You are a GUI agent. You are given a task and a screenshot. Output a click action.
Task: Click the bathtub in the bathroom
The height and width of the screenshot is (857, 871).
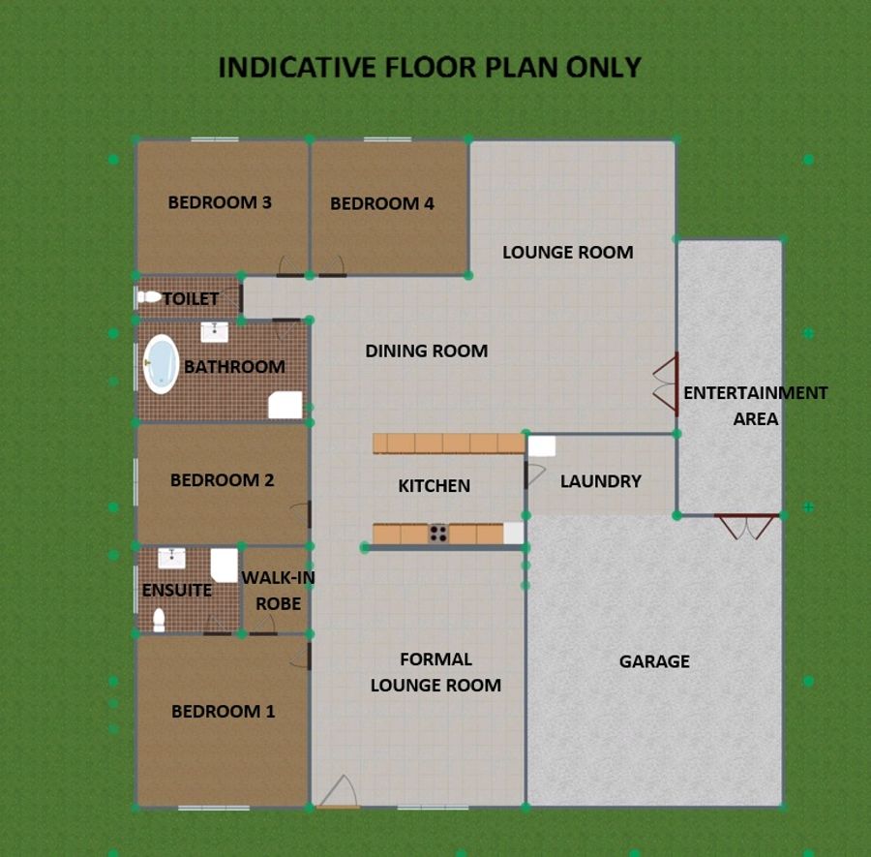161,364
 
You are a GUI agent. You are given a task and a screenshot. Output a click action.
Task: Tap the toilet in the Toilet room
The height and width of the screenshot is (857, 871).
149,297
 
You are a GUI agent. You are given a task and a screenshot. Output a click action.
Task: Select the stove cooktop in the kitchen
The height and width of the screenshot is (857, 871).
438,534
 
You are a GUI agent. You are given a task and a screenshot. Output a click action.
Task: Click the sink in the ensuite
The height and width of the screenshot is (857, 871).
171,558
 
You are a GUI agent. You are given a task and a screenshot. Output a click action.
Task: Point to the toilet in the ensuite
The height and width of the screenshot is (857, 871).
159,620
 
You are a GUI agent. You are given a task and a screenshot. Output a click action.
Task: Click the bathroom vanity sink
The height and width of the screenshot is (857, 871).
215,332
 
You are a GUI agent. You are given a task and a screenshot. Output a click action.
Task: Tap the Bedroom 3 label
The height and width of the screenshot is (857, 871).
220,202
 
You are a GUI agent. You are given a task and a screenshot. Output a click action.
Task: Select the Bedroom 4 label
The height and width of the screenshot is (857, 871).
382,203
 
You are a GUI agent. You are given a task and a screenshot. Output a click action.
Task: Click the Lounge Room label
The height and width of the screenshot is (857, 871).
568,253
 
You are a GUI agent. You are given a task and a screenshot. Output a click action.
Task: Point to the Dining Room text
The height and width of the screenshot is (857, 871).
427,351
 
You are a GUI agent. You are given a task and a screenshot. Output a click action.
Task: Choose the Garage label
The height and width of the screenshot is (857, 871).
654,661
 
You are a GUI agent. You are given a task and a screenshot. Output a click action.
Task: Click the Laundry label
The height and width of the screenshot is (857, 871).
600,481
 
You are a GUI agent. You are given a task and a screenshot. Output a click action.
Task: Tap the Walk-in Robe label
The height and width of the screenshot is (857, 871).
279,591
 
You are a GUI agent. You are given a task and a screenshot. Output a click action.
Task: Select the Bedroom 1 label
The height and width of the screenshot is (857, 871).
224,712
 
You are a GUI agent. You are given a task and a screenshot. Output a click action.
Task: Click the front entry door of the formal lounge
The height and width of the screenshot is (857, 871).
339,791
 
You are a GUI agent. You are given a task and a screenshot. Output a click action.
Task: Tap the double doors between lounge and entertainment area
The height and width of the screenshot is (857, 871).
666,384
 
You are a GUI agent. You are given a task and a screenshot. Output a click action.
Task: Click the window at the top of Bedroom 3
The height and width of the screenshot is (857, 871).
215,139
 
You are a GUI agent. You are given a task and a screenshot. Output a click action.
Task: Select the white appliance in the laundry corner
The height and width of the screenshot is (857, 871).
542,446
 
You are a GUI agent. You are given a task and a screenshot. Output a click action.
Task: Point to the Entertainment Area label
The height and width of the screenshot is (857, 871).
756,406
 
